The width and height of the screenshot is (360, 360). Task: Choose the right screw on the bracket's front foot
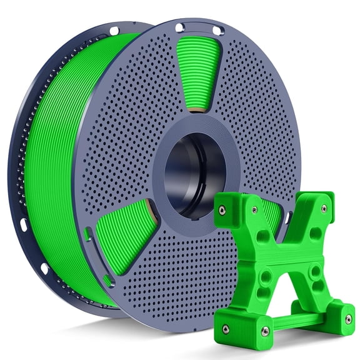pos(264,331)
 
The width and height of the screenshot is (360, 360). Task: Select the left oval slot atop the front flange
pos(181,27)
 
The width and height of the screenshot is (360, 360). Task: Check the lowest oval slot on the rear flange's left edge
pos(44,269)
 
